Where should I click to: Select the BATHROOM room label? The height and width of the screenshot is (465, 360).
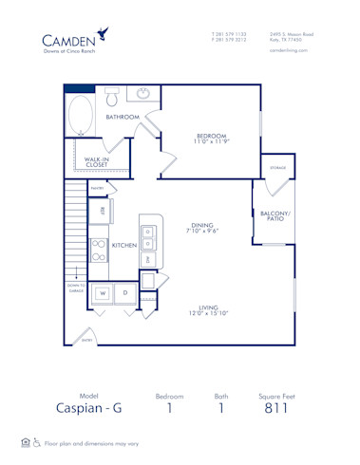point(123,117)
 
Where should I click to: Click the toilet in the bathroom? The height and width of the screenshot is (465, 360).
point(111,96)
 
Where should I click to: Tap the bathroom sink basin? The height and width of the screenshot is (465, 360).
point(143,94)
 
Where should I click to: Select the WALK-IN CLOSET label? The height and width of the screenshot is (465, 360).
point(96,162)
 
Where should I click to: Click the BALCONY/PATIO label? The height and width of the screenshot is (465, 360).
point(275,215)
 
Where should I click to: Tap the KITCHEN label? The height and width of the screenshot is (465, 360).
point(124,245)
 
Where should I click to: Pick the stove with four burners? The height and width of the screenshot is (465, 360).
point(99,250)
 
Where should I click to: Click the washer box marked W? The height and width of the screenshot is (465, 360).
point(102,294)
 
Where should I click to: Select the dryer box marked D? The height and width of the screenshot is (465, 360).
point(124,294)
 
